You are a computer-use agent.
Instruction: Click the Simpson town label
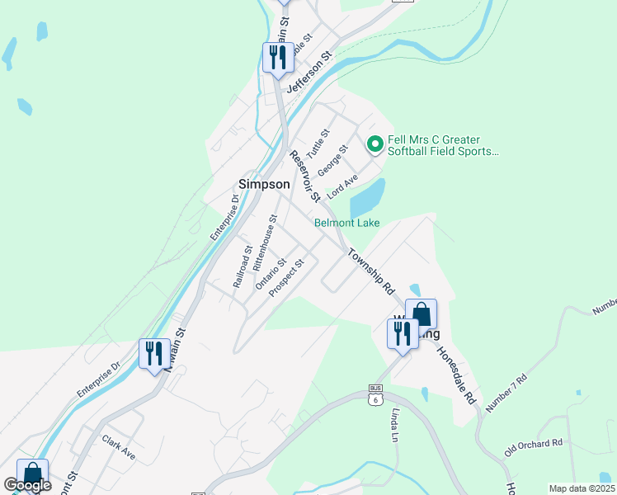tap(263, 184)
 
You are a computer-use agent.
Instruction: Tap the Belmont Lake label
tap(346, 223)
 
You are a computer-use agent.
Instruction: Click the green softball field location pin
tap(374, 145)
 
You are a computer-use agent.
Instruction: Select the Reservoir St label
tap(304, 176)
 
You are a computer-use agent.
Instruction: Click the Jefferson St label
tap(308, 73)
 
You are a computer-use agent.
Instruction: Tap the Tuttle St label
tap(318, 144)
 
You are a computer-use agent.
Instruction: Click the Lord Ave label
tap(342, 186)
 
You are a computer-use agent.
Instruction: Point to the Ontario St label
tap(271, 273)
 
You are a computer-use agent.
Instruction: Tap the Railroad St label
tap(242, 266)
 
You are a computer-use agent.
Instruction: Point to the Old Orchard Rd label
tap(534, 449)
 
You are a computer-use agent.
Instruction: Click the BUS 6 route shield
tap(376, 394)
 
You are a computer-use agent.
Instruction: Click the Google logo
tap(27, 486)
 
